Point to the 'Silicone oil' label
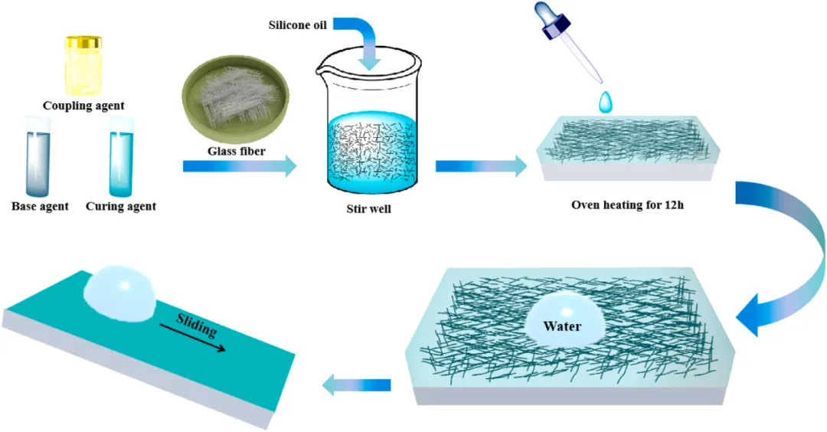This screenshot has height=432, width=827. tap(298, 25)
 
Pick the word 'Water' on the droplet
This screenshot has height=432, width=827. tap(562, 326)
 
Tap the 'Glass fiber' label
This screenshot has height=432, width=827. tap(237, 151)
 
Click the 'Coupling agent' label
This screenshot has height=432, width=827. tap(83, 105)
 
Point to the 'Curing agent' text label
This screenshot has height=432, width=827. tap(121, 206)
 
